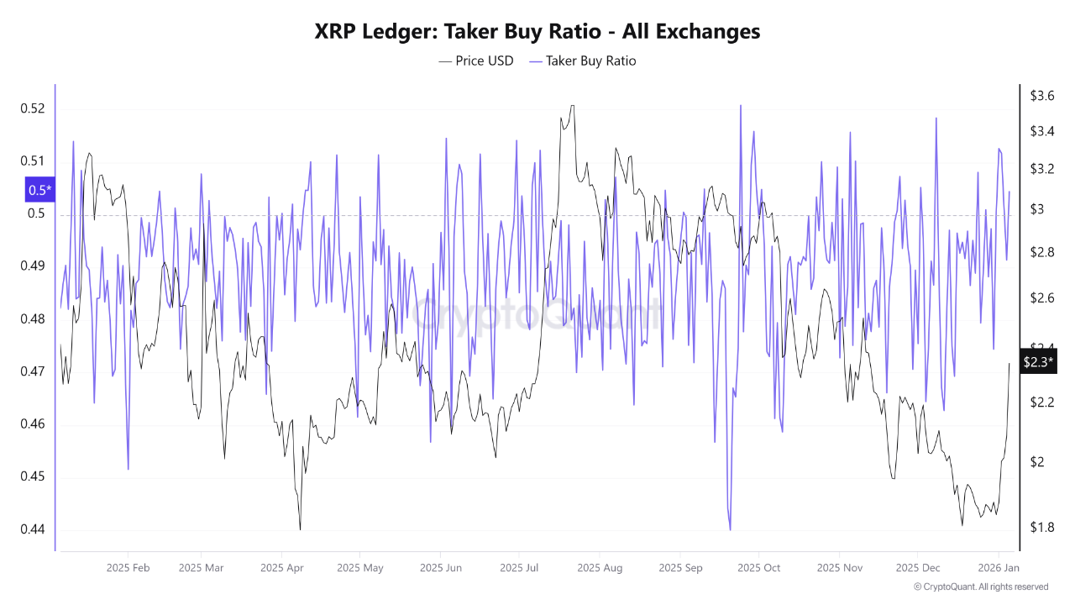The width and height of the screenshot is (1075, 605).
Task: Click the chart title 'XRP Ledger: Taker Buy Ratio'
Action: [x=537, y=31]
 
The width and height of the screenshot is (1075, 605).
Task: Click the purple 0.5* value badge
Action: [x=39, y=190]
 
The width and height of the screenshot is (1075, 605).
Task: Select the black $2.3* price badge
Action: [x=1038, y=362]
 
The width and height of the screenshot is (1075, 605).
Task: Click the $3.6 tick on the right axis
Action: [x=1042, y=96]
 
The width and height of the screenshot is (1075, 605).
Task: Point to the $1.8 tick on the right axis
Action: [x=1042, y=527]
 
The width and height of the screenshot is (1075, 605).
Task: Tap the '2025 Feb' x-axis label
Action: [x=128, y=568]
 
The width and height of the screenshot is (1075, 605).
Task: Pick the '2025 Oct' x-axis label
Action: [x=758, y=568]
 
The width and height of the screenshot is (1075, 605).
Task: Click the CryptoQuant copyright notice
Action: [x=981, y=587]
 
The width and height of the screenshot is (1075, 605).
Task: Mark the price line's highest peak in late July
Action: [x=572, y=106]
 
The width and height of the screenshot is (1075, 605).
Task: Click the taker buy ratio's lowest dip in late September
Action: [x=730, y=529]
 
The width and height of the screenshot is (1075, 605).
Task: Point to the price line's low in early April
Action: [x=300, y=529]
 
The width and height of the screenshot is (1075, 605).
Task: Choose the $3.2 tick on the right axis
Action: [x=1042, y=169]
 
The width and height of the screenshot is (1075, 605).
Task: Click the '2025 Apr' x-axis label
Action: [x=282, y=568]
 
